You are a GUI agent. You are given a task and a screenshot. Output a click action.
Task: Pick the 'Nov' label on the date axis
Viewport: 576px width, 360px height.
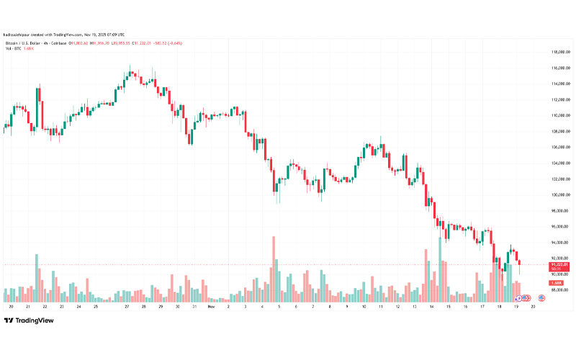point(210,306)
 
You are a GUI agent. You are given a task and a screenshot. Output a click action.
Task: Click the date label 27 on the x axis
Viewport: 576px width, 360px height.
point(127,306)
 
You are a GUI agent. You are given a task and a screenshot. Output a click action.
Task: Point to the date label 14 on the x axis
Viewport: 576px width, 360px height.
point(431,306)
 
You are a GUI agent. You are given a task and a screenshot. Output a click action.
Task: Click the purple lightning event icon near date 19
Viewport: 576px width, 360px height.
point(518,298)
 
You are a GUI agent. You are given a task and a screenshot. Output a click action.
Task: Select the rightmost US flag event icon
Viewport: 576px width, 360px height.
point(541,298)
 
